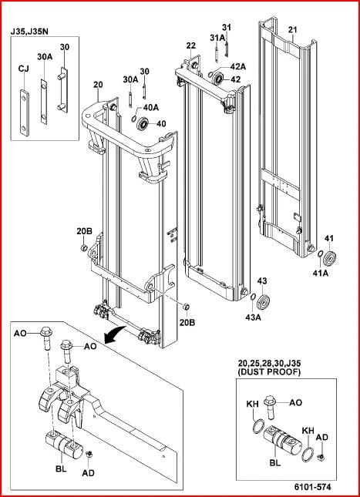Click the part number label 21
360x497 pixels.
coord(292,30)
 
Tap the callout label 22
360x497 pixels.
coord(191,46)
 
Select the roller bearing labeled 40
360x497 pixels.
coord(144,123)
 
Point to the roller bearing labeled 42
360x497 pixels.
coord(218,79)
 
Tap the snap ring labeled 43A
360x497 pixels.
coord(253,297)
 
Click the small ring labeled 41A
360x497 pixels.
coord(320,254)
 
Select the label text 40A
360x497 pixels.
coord(150,107)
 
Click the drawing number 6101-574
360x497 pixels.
coord(309,486)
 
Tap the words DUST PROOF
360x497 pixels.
coord(269,372)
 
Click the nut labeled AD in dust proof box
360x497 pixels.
coord(321,457)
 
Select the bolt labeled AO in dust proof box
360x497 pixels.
coord(271,408)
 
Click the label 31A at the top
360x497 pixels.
coord(217,38)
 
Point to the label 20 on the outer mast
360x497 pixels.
coord(98,85)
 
